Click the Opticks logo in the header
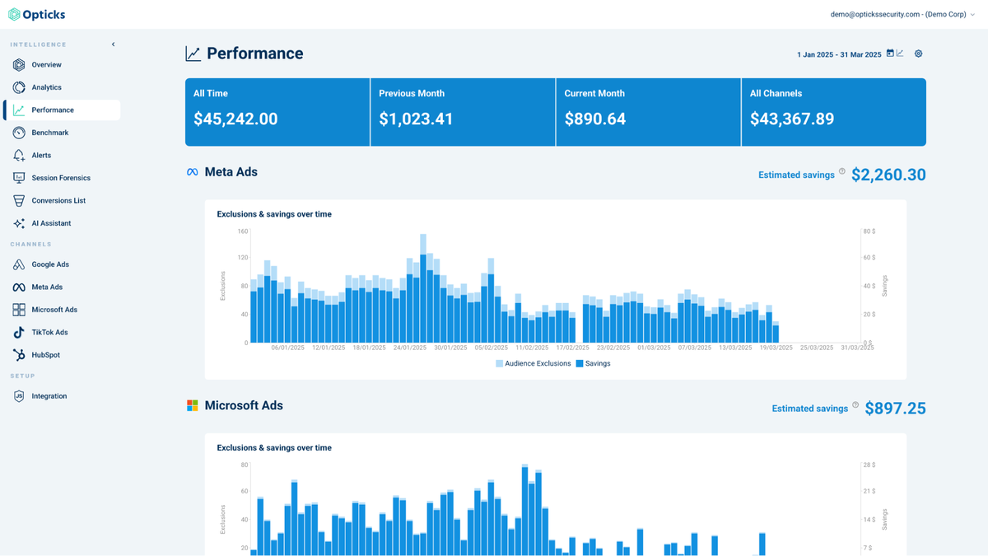coord(37,15)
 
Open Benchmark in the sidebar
coord(49,133)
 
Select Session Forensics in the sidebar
coord(60,178)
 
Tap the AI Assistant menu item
coord(51,223)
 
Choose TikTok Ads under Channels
coord(49,333)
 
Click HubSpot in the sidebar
coord(45,355)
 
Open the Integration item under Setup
coord(49,396)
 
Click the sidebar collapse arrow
coord(114,44)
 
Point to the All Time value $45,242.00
coord(235,119)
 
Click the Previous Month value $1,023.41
coord(416,119)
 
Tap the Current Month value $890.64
coord(595,119)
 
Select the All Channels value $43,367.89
coord(792,119)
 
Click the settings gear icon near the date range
coord(919,54)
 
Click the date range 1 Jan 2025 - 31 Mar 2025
coord(839,54)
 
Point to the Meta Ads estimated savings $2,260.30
coord(888,175)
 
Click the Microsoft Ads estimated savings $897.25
coord(895,409)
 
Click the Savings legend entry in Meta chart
coord(597,363)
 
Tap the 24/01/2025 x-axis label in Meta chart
coord(410,348)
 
